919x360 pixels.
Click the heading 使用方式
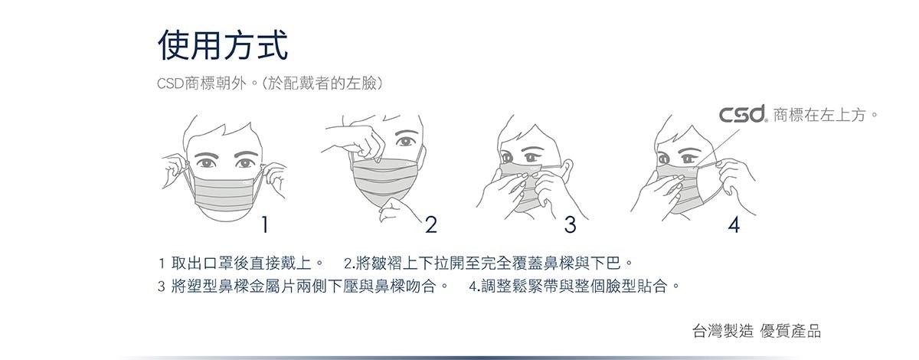pos(223,45)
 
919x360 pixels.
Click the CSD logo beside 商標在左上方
pos(742,113)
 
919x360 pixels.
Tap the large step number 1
pos(265,224)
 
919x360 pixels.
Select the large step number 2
pos(430,224)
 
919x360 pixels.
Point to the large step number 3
pos(570,224)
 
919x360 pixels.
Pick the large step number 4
pos(734,224)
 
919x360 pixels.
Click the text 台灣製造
pos(722,331)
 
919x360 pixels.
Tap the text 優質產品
pos(790,331)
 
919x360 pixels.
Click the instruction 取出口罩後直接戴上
pos(240,263)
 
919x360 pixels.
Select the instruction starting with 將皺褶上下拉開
pos(489,263)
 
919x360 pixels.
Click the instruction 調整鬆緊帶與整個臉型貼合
pos(574,286)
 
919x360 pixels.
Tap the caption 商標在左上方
pos(826,115)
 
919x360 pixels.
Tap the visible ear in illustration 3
pos(567,169)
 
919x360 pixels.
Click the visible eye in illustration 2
pos(406,141)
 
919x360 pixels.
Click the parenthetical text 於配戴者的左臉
pos(323,83)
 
